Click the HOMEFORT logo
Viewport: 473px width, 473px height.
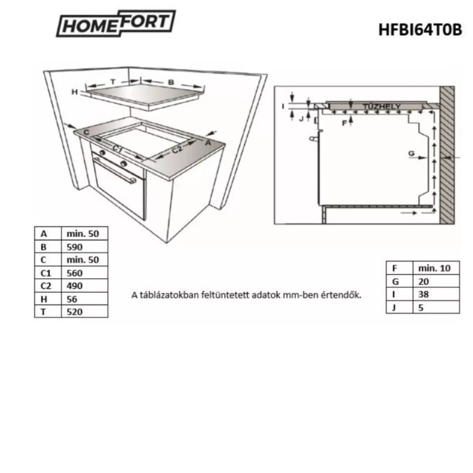coord(116,24)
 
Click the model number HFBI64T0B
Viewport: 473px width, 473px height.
coord(419,29)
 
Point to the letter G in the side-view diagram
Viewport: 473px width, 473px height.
coord(411,153)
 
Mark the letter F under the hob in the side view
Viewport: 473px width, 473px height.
coord(344,123)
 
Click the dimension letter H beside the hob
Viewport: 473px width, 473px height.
coord(74,92)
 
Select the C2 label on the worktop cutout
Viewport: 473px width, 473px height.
coord(177,150)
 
